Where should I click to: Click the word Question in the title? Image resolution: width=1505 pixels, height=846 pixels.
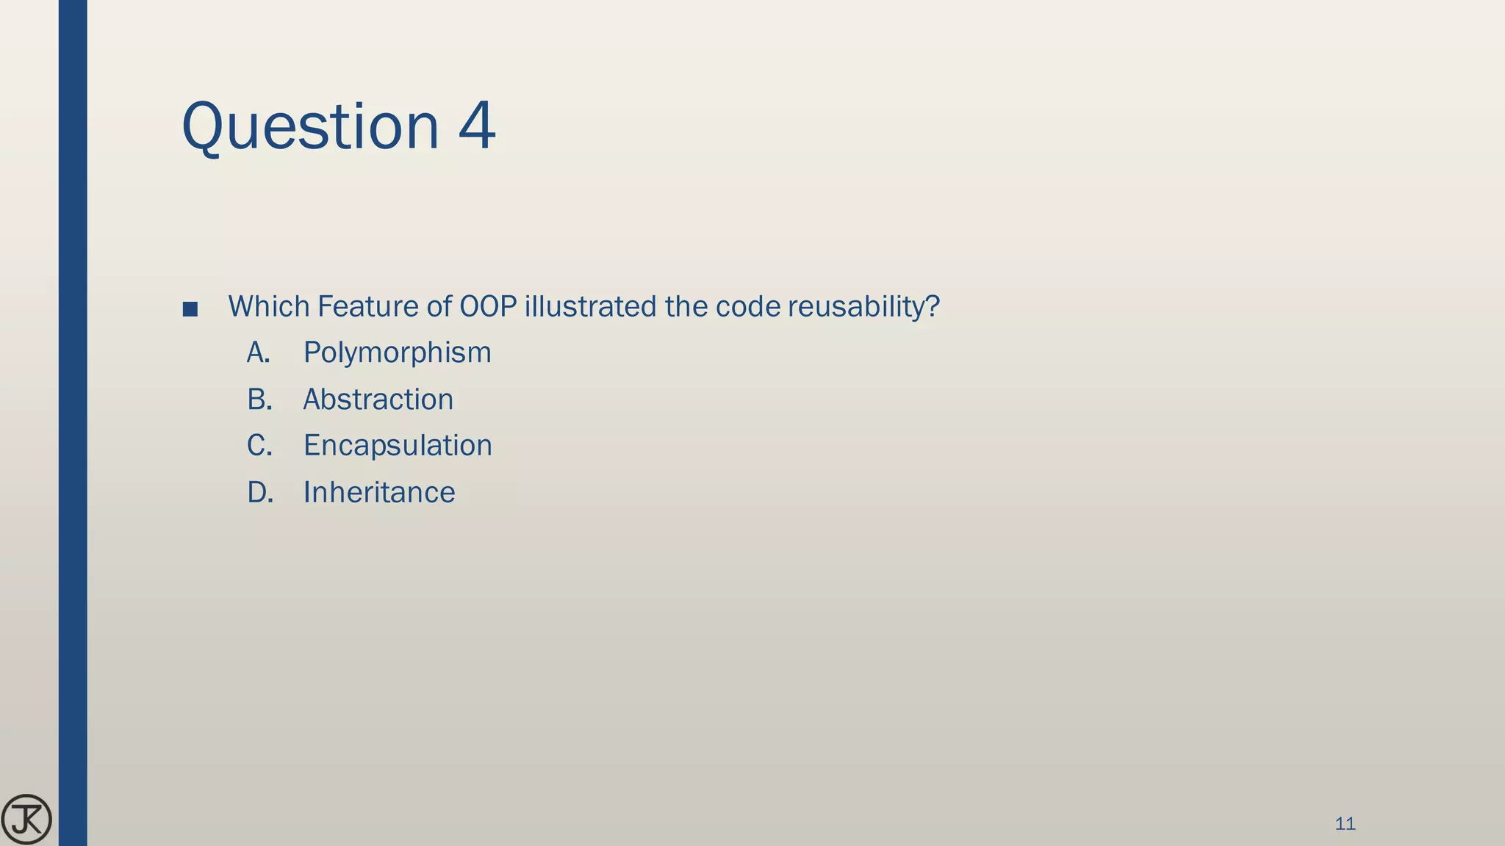pyautogui.click(x=309, y=127)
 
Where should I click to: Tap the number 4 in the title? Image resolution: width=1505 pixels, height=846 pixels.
pyautogui.click(x=477, y=126)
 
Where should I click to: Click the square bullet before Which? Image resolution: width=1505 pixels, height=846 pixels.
pyautogui.click(x=190, y=309)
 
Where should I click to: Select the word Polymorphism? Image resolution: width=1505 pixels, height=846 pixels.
pyautogui.click(x=397, y=353)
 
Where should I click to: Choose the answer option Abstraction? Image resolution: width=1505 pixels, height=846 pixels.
pyautogui.click(x=378, y=399)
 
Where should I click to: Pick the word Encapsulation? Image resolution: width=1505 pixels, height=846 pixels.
pyautogui.click(x=398, y=446)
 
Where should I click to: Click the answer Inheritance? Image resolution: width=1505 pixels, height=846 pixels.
pyautogui.click(x=379, y=492)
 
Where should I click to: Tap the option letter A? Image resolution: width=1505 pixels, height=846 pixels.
pyautogui.click(x=258, y=353)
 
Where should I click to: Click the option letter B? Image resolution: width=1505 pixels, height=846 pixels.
pyautogui.click(x=259, y=399)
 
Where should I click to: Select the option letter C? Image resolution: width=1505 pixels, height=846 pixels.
pyautogui.click(x=259, y=446)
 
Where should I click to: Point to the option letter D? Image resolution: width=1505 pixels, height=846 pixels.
pyautogui.click(x=260, y=492)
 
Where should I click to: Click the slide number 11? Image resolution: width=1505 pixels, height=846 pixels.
pyautogui.click(x=1345, y=824)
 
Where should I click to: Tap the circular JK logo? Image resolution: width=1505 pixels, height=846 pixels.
pyautogui.click(x=26, y=820)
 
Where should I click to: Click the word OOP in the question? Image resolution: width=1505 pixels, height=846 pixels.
pyautogui.click(x=488, y=306)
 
